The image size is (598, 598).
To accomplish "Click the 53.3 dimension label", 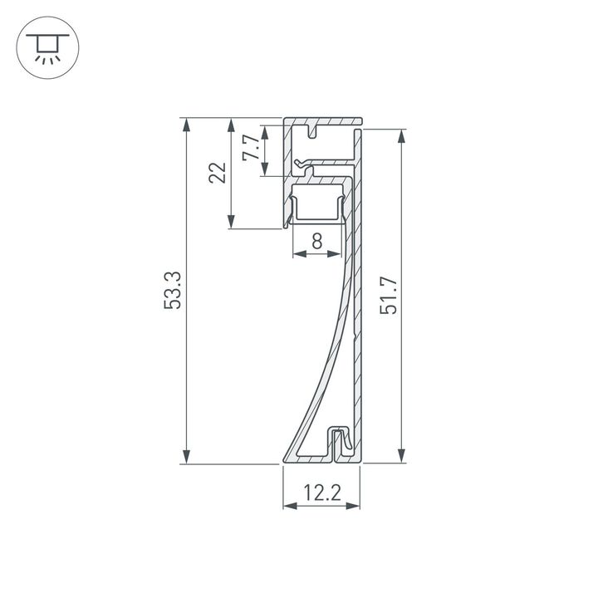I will [172, 290].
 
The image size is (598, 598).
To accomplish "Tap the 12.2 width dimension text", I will [321, 493].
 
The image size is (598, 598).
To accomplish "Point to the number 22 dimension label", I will [217, 173].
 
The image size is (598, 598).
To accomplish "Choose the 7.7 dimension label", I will [250, 150].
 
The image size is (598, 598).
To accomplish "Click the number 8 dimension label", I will [316, 242].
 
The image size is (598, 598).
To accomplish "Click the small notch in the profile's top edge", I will [315, 131].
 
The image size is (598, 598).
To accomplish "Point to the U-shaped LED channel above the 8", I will [317, 208].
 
